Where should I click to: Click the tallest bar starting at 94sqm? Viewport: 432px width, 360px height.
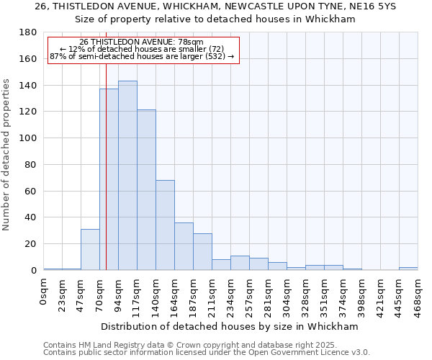pyautogui.click(x=127, y=176)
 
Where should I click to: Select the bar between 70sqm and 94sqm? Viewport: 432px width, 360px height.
pyautogui.click(x=109, y=179)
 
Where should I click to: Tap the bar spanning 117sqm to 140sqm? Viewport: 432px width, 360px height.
pyautogui.click(x=146, y=190)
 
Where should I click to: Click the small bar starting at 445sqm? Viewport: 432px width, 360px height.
pyautogui.click(x=408, y=269)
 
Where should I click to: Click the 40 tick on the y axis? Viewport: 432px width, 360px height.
pyautogui.click(x=31, y=217)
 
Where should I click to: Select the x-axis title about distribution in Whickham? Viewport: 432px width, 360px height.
pyautogui.click(x=230, y=326)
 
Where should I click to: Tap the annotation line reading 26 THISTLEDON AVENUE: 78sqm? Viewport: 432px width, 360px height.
pyautogui.click(x=141, y=42)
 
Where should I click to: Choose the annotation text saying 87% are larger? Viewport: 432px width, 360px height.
pyautogui.click(x=141, y=55)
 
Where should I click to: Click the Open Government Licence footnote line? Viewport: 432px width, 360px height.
pyautogui.click(x=207, y=352)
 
